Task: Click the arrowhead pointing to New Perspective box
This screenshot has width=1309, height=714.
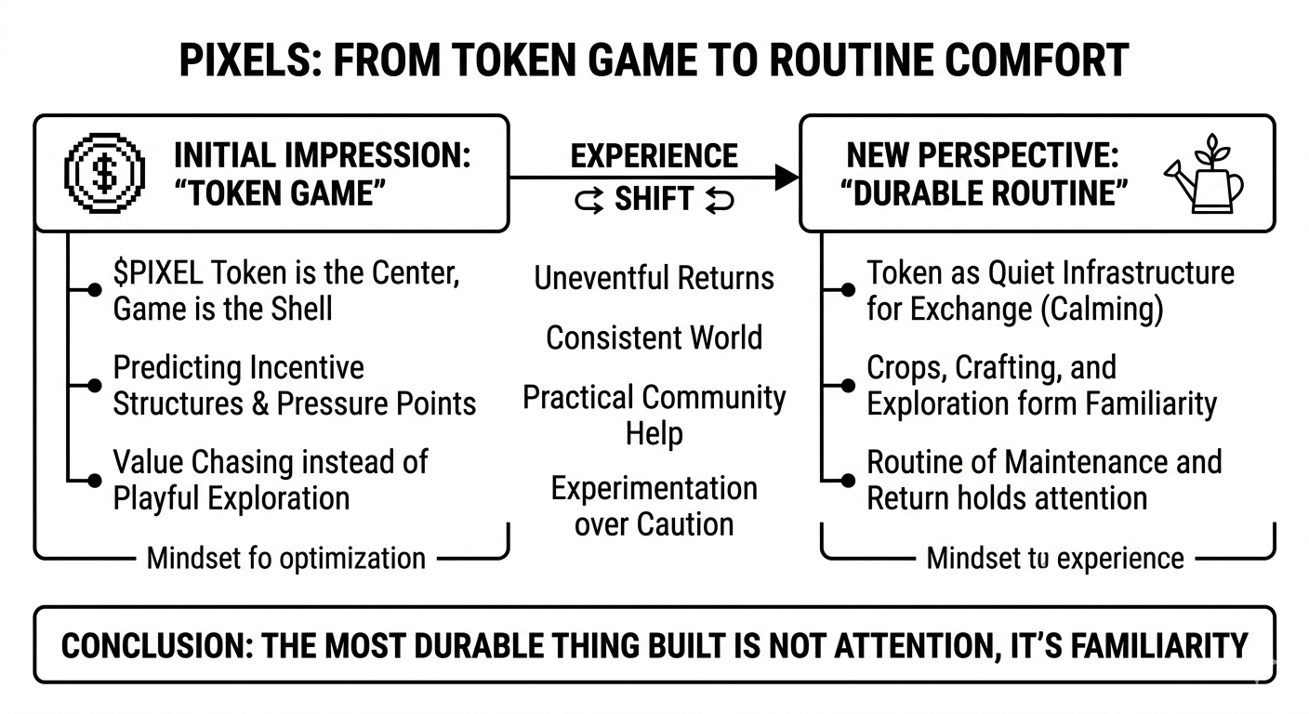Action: click(x=787, y=177)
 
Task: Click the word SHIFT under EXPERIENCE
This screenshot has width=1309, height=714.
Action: click(x=654, y=199)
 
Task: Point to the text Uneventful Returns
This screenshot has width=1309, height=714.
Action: click(x=654, y=277)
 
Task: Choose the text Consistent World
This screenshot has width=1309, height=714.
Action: click(x=654, y=337)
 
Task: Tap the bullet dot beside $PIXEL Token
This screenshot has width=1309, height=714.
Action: click(x=93, y=291)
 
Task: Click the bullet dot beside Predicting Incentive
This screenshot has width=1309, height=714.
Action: click(x=93, y=385)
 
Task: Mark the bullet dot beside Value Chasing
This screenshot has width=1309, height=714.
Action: click(x=93, y=480)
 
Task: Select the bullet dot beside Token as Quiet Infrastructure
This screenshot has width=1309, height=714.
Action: click(x=847, y=291)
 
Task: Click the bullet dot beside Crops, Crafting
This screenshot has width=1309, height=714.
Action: click(x=847, y=385)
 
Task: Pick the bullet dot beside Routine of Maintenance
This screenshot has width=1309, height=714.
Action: click(x=847, y=480)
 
